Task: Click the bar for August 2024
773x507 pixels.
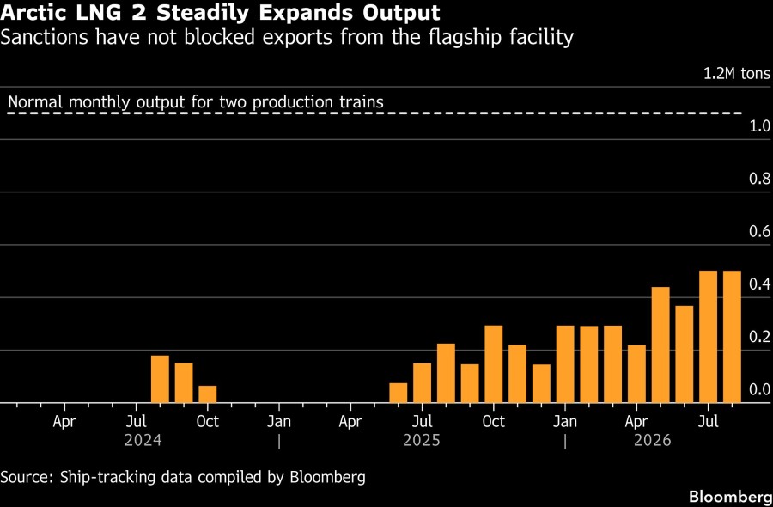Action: [160, 379]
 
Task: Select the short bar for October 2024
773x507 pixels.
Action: [208, 394]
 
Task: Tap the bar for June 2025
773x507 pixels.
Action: [399, 393]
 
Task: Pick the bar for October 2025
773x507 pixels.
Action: [494, 364]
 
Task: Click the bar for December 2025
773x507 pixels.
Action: [541, 384]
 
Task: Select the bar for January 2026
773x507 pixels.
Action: [565, 364]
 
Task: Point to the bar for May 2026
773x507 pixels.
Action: [660, 345]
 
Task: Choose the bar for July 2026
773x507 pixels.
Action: [709, 337]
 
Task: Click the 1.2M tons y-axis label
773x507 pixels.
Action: [737, 74]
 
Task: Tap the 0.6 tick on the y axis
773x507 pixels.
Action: [760, 231]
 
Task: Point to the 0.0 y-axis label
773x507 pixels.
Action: [760, 389]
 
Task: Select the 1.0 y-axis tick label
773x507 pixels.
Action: [760, 126]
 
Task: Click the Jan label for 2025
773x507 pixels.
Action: [279, 422]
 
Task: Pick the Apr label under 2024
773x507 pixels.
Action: [64, 422]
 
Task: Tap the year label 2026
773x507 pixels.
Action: [653, 440]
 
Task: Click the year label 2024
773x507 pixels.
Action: [143, 440]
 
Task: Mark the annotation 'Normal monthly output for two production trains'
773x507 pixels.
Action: [196, 102]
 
